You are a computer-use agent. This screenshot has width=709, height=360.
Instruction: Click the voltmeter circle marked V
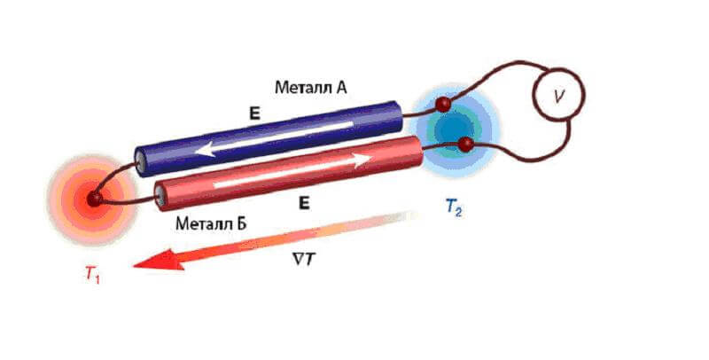click(x=557, y=97)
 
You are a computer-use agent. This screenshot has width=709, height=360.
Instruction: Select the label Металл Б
click(x=211, y=222)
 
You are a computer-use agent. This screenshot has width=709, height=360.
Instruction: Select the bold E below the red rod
click(x=304, y=204)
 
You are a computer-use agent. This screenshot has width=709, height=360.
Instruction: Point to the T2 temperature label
click(x=453, y=209)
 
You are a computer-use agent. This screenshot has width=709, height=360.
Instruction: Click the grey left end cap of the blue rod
click(x=141, y=160)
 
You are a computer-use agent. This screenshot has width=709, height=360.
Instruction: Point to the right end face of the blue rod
click(x=401, y=109)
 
